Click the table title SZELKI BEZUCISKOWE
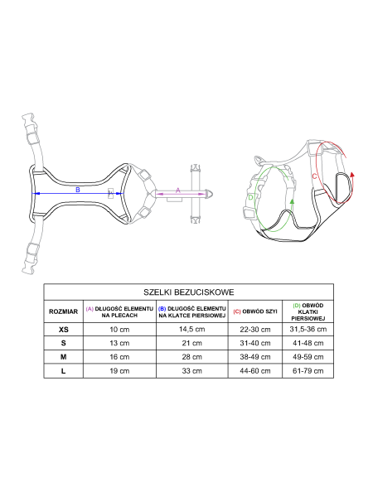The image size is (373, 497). pyautogui.click(x=189, y=292)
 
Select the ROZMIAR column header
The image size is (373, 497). pyautogui.click(x=64, y=311)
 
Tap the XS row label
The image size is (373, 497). pyautogui.click(x=64, y=330)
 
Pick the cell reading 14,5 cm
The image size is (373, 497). pyautogui.click(x=192, y=330)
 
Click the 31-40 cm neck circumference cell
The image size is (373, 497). pyautogui.click(x=255, y=343)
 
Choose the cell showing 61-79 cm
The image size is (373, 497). pyautogui.click(x=308, y=371)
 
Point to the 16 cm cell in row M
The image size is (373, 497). pyautogui.click(x=119, y=357)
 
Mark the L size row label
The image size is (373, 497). pyautogui.click(x=64, y=371)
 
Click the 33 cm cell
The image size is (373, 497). pyautogui.click(x=192, y=371)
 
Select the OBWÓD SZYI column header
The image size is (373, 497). pyautogui.click(x=255, y=311)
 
